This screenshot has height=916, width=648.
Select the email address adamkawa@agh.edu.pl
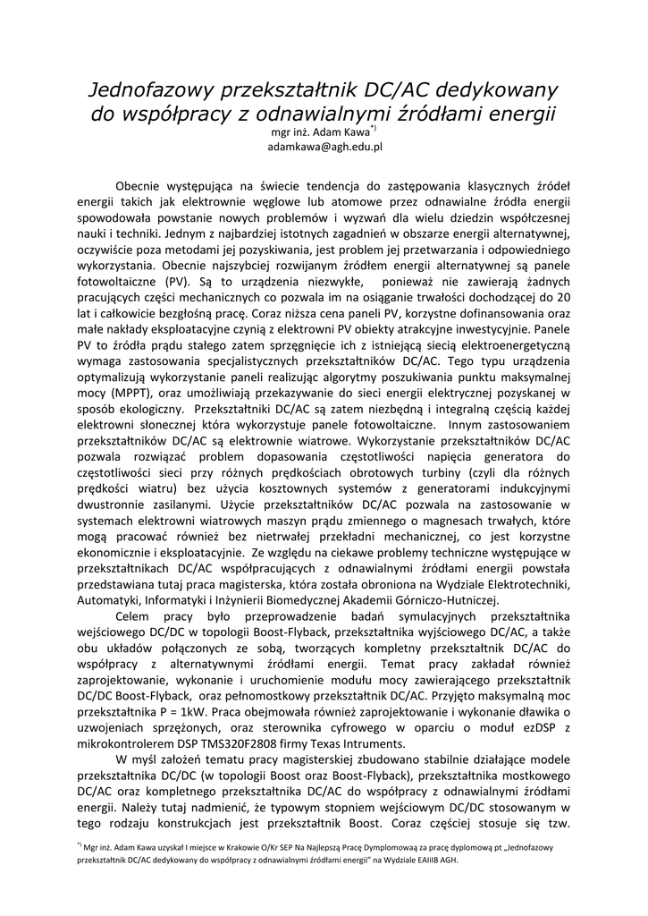[324, 147]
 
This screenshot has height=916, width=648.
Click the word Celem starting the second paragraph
[133, 615]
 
